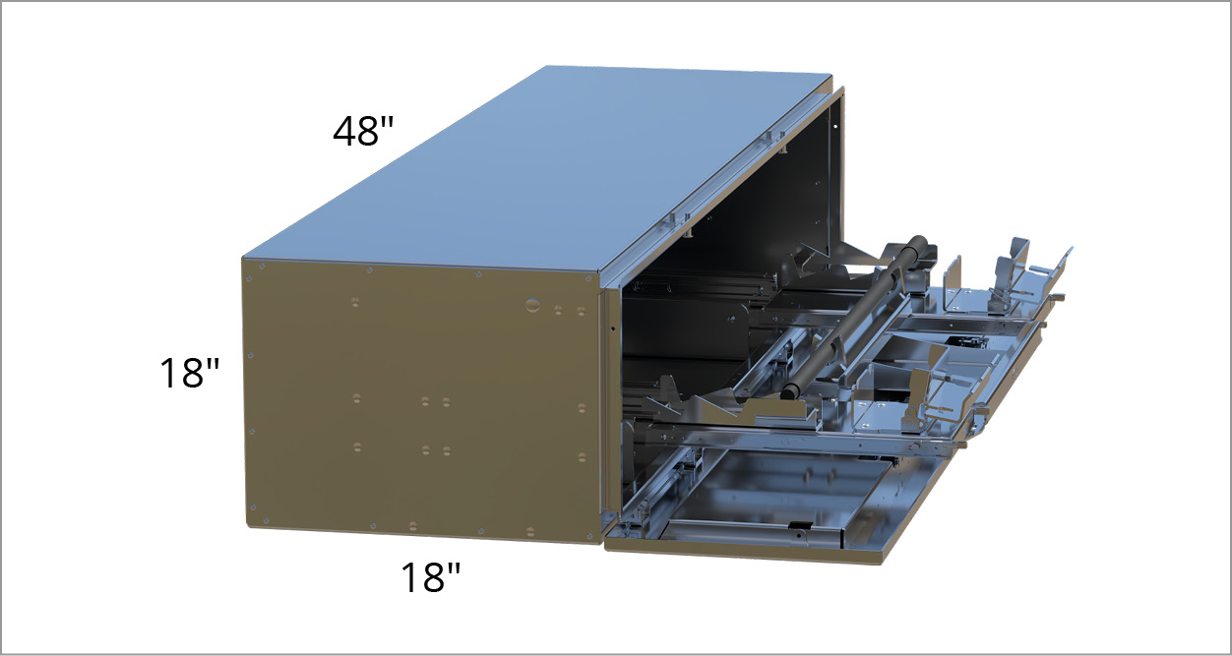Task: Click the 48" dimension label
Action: point(363,132)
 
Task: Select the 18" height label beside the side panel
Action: point(189,373)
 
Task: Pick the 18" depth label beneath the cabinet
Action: point(430,576)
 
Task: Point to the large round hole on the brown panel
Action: point(532,305)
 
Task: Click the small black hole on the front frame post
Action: point(613,328)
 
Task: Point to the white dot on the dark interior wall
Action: point(834,127)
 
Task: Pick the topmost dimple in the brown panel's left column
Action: point(355,302)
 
